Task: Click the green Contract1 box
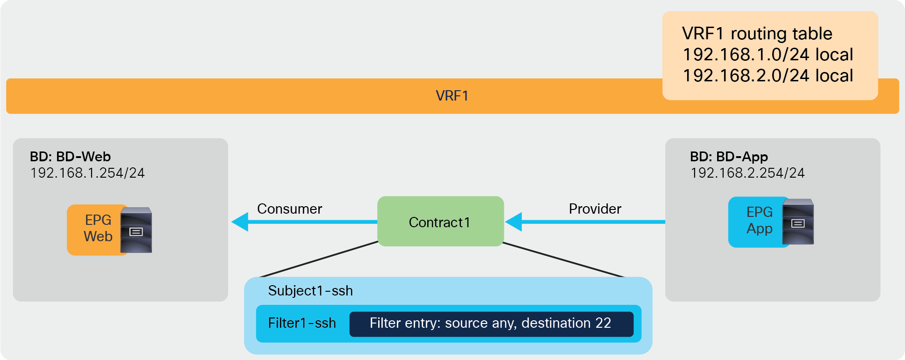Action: click(x=440, y=222)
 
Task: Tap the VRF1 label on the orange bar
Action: click(x=452, y=96)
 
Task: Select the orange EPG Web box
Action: click(x=95, y=229)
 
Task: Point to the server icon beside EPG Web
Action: click(x=136, y=230)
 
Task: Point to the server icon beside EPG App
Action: click(x=798, y=222)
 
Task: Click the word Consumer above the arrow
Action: click(x=289, y=209)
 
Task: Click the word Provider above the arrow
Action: click(x=595, y=209)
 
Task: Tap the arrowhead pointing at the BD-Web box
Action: click(x=240, y=222)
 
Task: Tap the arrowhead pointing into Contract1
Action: click(x=514, y=222)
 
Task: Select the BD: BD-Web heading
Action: click(x=70, y=157)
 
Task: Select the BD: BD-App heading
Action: click(x=729, y=157)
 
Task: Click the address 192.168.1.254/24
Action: click(x=87, y=173)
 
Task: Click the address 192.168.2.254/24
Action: click(x=747, y=173)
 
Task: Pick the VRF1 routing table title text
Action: click(x=757, y=34)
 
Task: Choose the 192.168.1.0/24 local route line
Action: click(x=768, y=55)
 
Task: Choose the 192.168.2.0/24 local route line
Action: click(x=768, y=76)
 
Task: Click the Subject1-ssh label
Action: click(x=310, y=291)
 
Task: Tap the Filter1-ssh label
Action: click(x=302, y=323)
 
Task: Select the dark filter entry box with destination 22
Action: click(x=491, y=324)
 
